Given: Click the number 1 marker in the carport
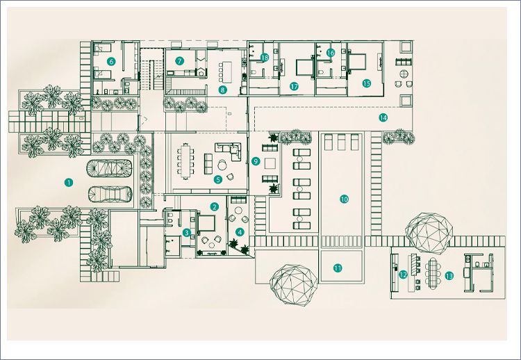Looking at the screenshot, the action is [x=69, y=182].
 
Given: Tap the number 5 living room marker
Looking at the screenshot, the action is [x=218, y=179].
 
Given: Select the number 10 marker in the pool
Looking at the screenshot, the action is [x=345, y=199].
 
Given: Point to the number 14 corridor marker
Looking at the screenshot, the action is [x=383, y=117].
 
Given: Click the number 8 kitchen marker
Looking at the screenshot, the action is [x=222, y=89].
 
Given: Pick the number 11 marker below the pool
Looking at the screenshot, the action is [x=338, y=268].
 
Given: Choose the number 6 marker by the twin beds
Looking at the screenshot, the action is [x=111, y=61].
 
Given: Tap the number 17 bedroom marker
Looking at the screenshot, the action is [x=294, y=86].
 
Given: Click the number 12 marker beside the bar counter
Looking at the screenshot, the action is [x=403, y=275].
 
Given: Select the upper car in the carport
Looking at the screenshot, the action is [x=109, y=168].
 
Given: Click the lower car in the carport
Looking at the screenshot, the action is [x=110, y=194].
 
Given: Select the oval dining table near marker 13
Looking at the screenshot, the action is [x=433, y=274].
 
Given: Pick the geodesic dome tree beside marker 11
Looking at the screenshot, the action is [x=293, y=285].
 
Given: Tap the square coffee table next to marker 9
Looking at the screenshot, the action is [x=270, y=163].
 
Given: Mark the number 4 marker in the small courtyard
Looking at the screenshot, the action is [x=240, y=232].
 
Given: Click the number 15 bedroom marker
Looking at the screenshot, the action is [x=367, y=83].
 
